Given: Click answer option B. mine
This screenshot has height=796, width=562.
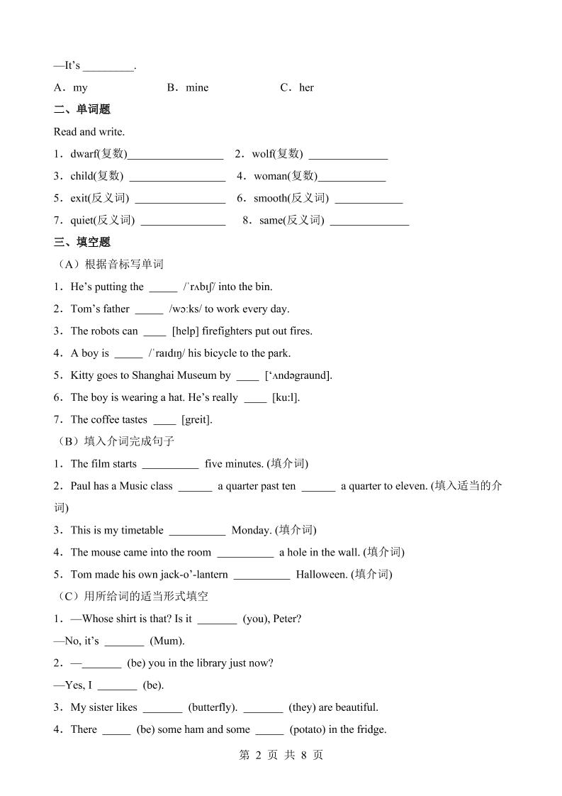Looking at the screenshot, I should pos(189,87).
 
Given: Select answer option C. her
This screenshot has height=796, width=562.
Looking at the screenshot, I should pos(298,87).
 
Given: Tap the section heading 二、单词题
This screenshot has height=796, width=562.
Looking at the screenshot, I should pos(82,109).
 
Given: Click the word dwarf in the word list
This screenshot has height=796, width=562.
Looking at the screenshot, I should pos(83,154).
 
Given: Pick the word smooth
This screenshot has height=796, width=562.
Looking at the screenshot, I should pos(271,198).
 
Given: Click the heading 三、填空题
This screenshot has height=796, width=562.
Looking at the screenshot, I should pos(82,242).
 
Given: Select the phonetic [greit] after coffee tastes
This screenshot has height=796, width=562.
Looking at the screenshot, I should pos(197,419).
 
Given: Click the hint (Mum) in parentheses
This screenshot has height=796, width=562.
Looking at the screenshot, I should pos(167,641).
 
